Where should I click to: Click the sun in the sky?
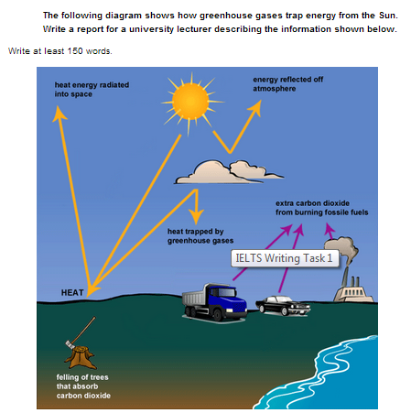190,102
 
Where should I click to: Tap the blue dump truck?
215,302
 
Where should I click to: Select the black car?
283,306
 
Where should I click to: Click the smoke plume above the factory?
341,250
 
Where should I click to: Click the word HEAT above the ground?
72,292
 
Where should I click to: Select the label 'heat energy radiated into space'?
92,90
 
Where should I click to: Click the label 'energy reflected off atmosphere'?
287,84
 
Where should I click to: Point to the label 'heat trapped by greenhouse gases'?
200,236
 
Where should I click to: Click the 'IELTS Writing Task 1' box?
285,258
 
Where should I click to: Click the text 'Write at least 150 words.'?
60,51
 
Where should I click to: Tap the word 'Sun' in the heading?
388,16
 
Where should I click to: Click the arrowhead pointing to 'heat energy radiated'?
59,114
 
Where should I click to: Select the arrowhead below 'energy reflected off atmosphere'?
255,107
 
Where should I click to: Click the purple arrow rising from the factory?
330,231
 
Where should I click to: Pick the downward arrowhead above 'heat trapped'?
196,216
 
